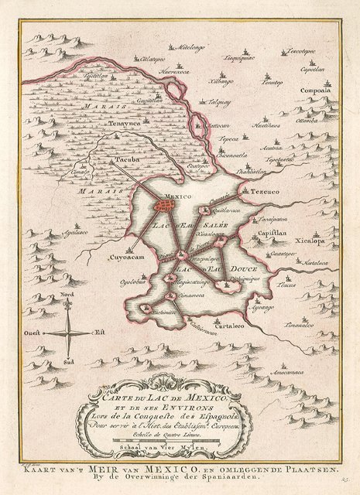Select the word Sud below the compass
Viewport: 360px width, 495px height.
coord(69,362)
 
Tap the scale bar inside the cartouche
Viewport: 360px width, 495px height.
coord(178,441)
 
